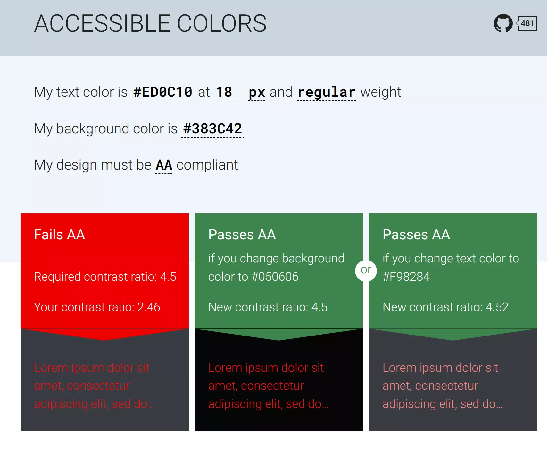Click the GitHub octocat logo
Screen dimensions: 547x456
pyautogui.click(x=503, y=23)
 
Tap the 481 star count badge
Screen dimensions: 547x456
pyautogui.click(x=527, y=23)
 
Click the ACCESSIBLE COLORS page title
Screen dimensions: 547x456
pyautogui.click(x=150, y=23)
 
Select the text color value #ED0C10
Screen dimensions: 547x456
pyautogui.click(x=163, y=92)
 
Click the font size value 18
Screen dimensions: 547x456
pyautogui.click(x=224, y=92)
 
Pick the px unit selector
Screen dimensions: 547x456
pyautogui.click(x=257, y=92)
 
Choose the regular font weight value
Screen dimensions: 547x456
pyautogui.click(x=326, y=92)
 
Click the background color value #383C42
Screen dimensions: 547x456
pyautogui.click(x=212, y=129)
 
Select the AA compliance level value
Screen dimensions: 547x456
pyautogui.click(x=164, y=165)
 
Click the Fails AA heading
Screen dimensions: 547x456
pyautogui.click(x=60, y=235)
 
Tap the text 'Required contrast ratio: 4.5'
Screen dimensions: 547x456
pyautogui.click(x=105, y=277)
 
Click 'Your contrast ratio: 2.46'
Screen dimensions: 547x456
pyautogui.click(x=97, y=307)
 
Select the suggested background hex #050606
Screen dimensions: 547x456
pyautogui.click(x=275, y=277)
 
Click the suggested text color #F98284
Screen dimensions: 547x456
pyautogui.click(x=406, y=277)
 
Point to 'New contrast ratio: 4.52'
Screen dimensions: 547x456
pyautogui.click(x=445, y=307)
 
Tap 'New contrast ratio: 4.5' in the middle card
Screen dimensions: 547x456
pyautogui.click(x=268, y=307)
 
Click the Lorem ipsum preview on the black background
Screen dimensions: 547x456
pyautogui.click(x=269, y=386)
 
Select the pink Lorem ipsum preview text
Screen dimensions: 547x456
pyautogui.click(x=443, y=386)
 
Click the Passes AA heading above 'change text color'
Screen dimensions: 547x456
pyautogui.click(x=416, y=235)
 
